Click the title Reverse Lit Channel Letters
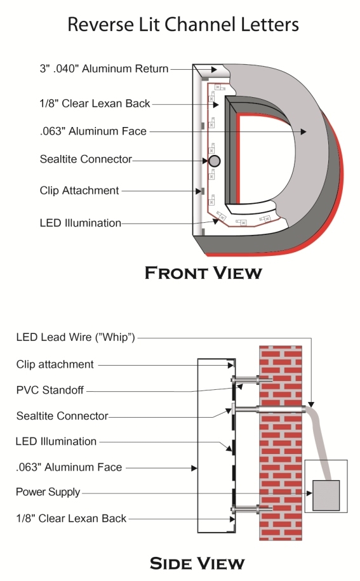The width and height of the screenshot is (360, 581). click(183, 25)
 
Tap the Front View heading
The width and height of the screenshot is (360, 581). click(203, 272)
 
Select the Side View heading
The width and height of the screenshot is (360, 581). click(197, 563)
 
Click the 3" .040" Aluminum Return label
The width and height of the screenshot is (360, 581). click(104, 69)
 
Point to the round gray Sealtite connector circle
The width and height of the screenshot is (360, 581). click(215, 161)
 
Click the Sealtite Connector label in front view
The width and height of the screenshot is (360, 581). click(86, 159)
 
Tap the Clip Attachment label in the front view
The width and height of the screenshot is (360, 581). click(79, 190)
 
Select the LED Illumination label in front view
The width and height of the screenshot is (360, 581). click(81, 223)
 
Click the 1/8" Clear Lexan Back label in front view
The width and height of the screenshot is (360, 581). click(95, 104)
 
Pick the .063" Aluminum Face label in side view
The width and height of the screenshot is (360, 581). click(69, 467)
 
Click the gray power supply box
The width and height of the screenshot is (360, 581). click(326, 495)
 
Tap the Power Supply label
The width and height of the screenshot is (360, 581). click(48, 492)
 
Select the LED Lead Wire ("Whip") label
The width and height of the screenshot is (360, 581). click(76, 337)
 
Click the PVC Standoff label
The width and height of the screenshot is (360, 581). click(50, 390)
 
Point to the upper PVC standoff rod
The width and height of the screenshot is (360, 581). click(252, 380)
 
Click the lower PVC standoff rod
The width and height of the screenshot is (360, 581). click(252, 509)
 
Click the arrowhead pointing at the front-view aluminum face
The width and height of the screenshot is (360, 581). click(303, 131)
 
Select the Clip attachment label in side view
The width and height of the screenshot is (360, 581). click(55, 364)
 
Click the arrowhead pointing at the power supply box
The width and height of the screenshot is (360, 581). click(310, 493)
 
